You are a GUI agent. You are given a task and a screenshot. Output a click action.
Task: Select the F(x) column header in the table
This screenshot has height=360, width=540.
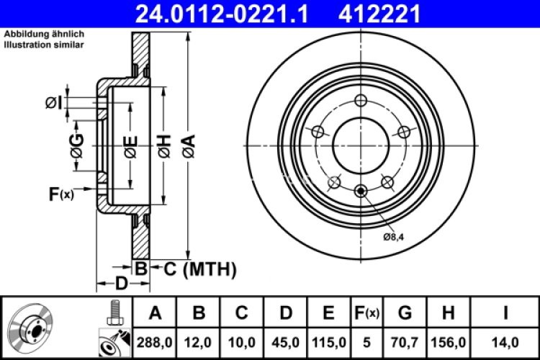pos(366,313)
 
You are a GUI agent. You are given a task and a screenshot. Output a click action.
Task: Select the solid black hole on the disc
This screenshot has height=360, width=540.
pos(361,190)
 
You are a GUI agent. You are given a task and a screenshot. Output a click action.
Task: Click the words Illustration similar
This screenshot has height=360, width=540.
pos(45,45)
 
